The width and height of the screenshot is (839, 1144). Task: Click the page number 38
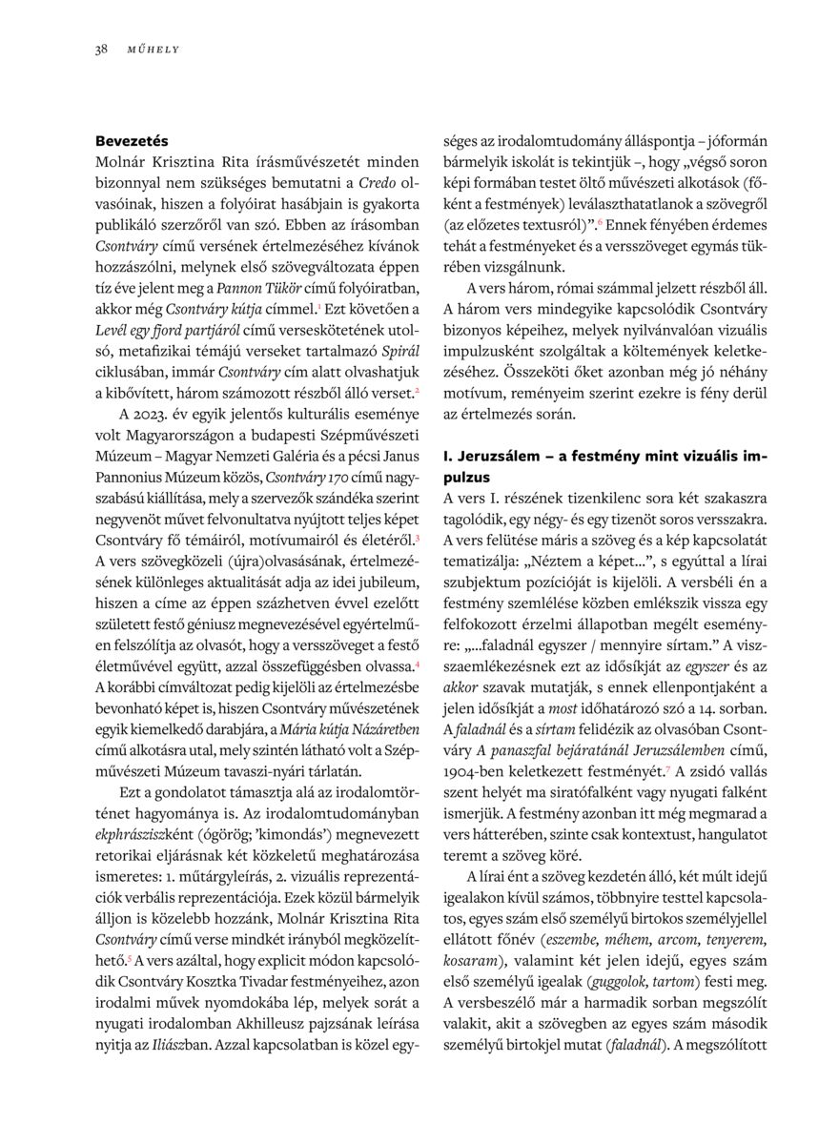click(100, 49)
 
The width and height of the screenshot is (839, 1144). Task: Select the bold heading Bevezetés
click(132, 140)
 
